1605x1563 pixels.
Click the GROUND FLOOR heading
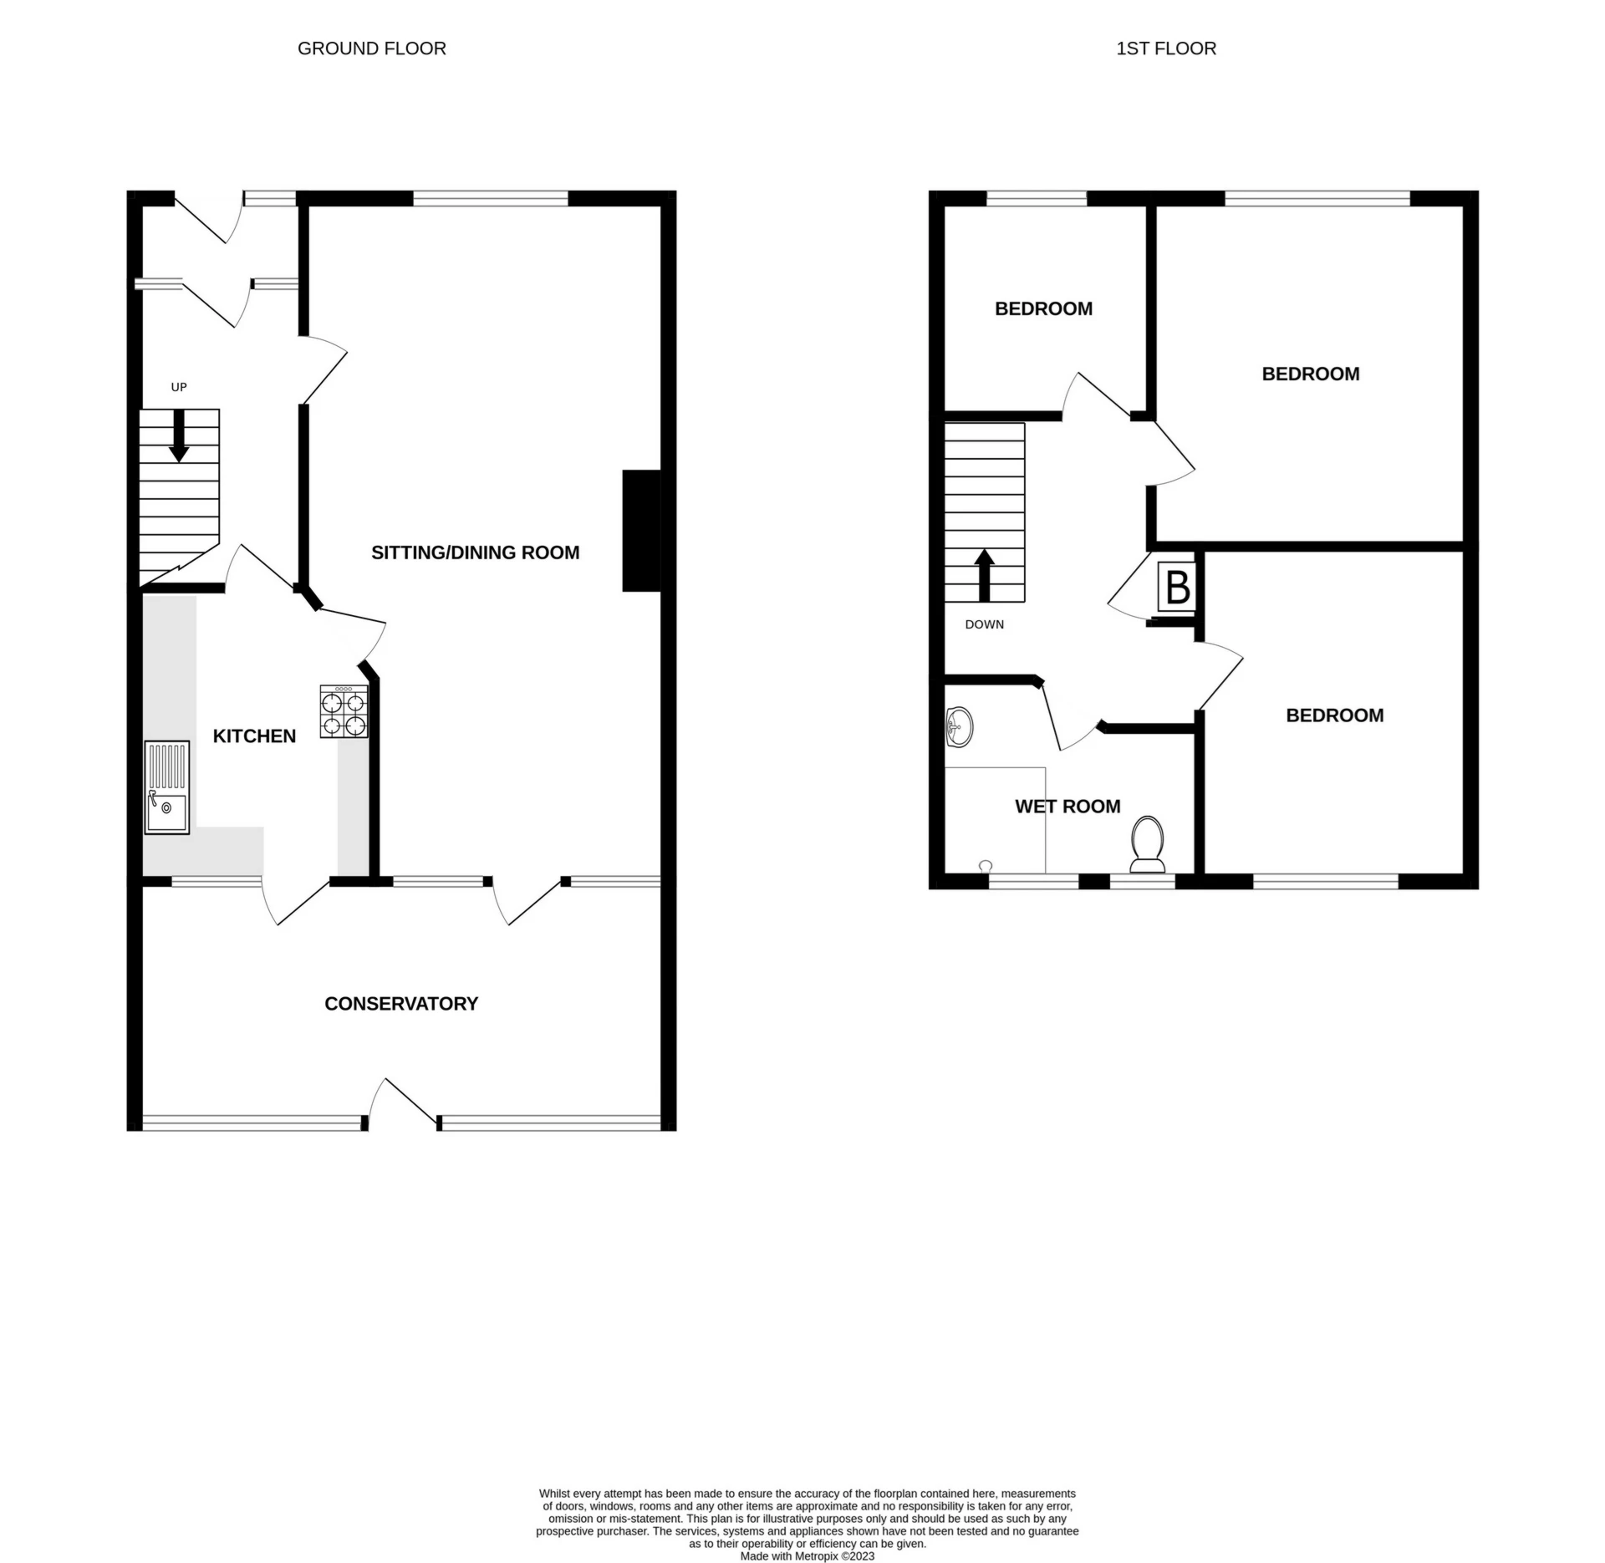pos(371,48)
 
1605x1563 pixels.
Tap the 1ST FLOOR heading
pos(1165,48)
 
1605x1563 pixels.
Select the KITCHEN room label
pos(254,736)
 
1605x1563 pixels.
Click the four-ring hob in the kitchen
pos(344,712)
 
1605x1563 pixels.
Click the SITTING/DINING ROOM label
pos(475,552)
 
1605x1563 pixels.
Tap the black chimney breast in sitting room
pos(641,531)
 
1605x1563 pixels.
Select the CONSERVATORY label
pos(401,1003)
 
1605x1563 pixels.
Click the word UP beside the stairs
pos(179,387)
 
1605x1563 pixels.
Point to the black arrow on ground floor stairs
pos(179,436)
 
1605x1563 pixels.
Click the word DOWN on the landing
pos(984,624)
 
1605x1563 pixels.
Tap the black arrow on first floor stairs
pos(985,575)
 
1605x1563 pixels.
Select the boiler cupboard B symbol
pos(1177,587)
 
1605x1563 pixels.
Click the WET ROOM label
pos(1067,807)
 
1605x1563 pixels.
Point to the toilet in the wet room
pos(1148,844)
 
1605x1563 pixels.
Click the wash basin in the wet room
pos(959,727)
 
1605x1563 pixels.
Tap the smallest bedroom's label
pos(1043,308)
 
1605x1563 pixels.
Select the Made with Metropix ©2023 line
pos(807,1556)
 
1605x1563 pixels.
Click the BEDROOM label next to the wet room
pos(1334,715)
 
